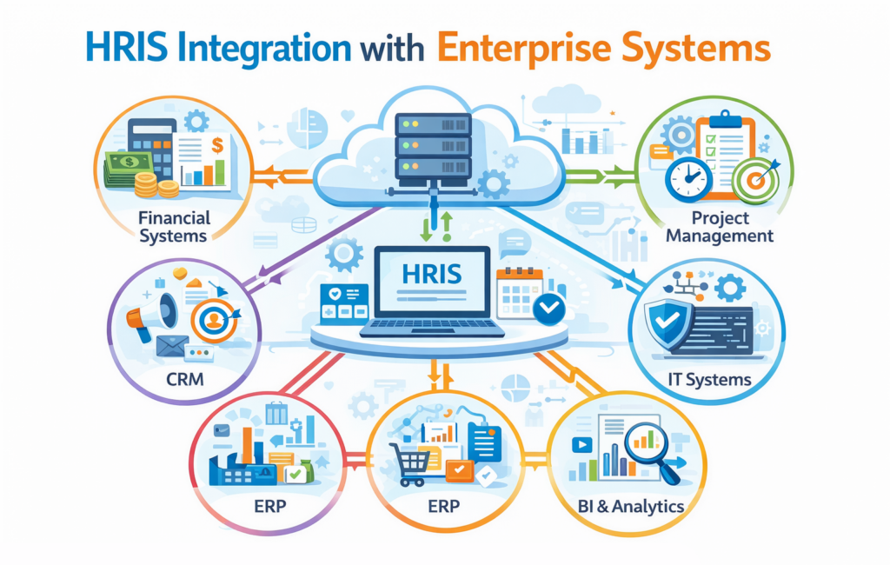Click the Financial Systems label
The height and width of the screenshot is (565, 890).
tap(174, 226)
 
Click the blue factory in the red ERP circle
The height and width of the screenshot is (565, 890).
tap(241, 468)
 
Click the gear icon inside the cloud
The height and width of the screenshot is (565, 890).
tap(493, 183)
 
